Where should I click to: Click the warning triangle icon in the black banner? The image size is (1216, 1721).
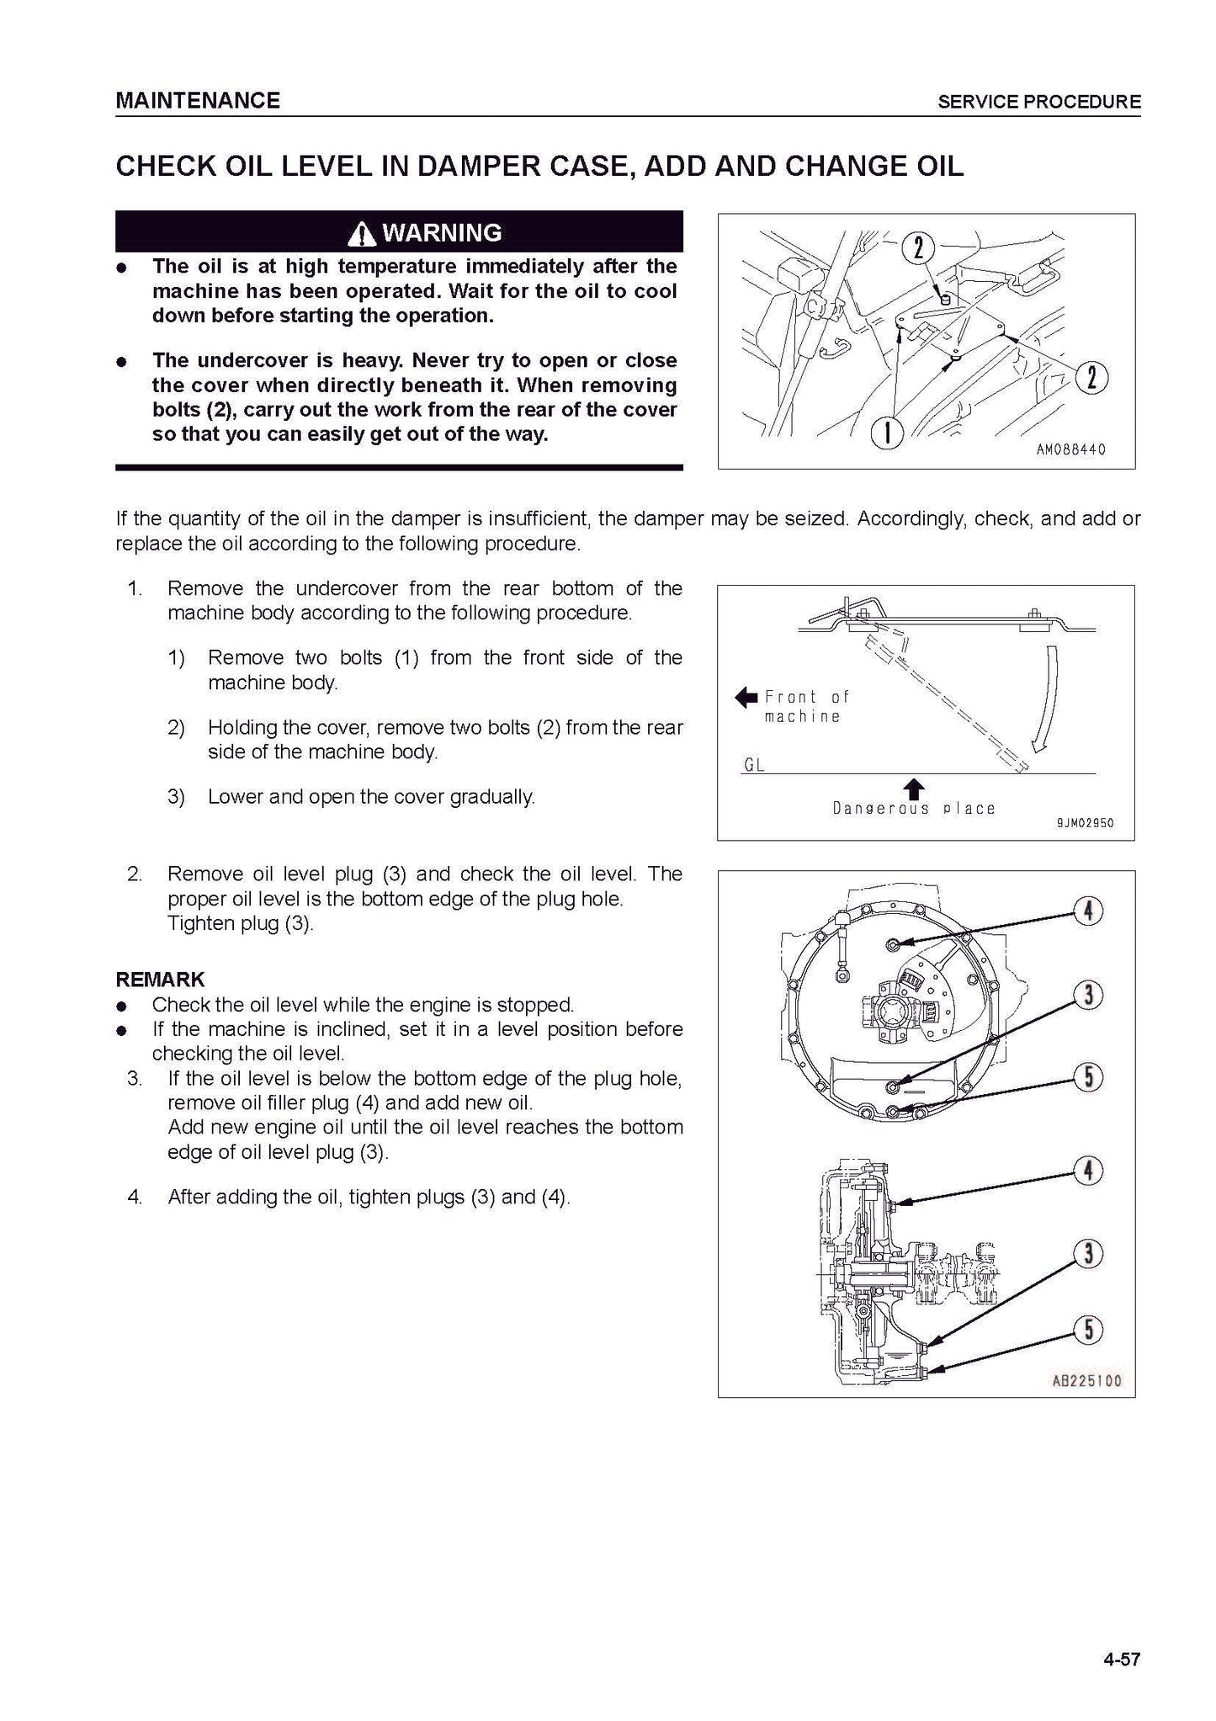pos(363,233)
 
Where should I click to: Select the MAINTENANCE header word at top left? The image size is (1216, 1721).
pos(198,101)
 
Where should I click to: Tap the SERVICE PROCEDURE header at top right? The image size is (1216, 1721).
pos(1039,103)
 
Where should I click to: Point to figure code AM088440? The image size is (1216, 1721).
pos(1070,450)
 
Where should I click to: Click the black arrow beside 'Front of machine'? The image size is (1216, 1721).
pos(746,697)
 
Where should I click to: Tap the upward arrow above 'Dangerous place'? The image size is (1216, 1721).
pos(914,789)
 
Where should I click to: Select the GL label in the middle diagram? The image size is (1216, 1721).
pos(754,765)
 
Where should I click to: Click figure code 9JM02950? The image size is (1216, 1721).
pos(1085,823)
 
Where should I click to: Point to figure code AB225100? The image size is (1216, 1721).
pos(1086,1381)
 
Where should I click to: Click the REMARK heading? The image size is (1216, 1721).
pos(160,980)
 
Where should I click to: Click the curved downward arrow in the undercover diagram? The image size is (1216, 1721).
pos(1044,702)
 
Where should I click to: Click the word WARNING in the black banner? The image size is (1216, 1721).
pos(442,232)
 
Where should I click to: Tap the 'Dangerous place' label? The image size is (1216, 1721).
pos(914,809)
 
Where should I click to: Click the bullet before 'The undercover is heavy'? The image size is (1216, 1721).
pos(123,362)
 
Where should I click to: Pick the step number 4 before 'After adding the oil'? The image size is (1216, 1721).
pos(135,1197)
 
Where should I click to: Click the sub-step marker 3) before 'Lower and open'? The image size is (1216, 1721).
pos(176,796)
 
